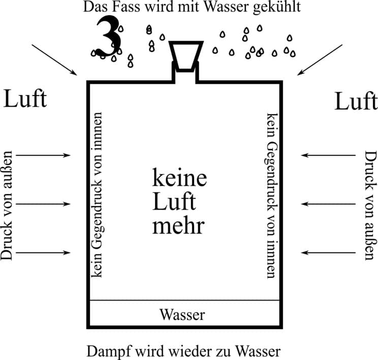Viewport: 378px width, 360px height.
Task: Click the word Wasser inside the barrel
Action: click(182, 315)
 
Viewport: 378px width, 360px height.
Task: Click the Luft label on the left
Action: click(25, 99)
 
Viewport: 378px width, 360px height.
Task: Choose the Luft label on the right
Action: click(356, 102)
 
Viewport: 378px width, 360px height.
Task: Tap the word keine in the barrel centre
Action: click(180, 178)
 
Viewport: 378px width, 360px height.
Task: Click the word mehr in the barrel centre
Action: click(178, 225)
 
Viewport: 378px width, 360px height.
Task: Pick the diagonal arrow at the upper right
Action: click(321, 60)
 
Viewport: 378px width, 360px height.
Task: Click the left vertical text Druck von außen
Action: click(7, 204)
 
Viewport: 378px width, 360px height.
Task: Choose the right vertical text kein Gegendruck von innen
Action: click(271, 194)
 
